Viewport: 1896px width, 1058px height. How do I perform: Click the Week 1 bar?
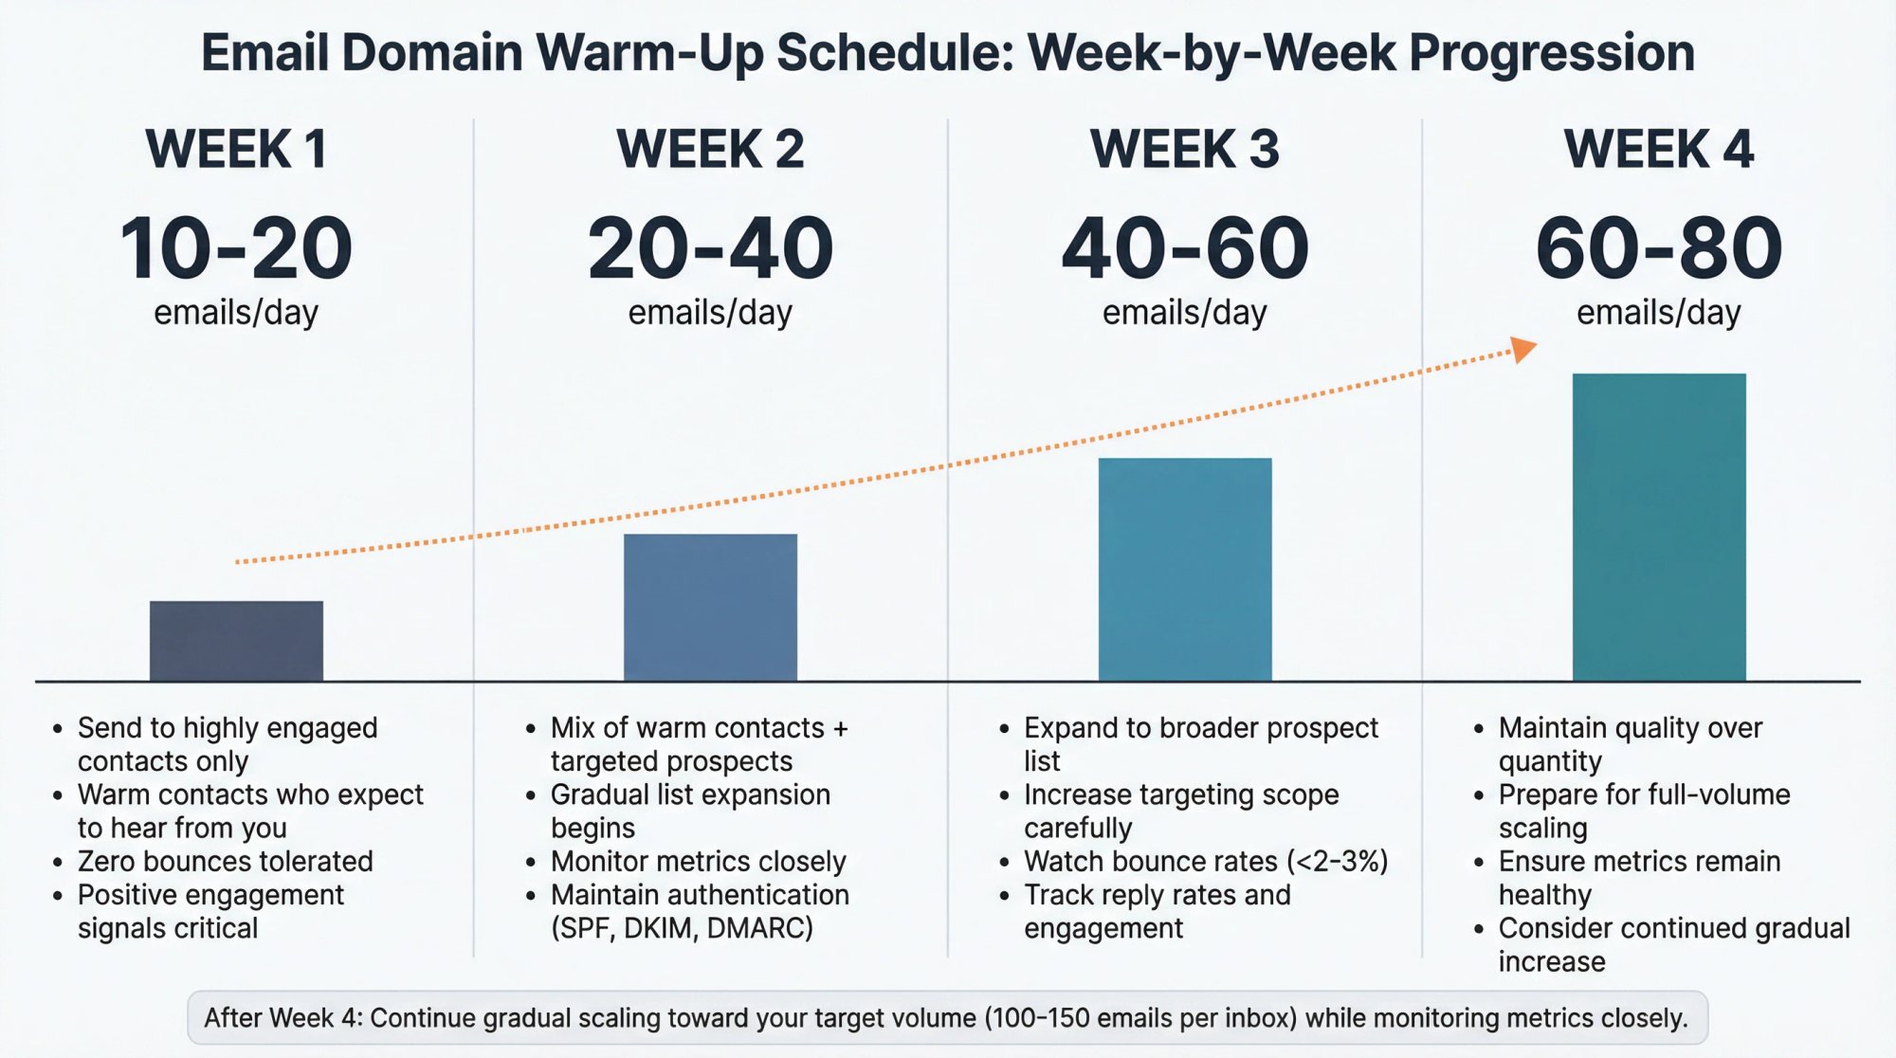point(236,641)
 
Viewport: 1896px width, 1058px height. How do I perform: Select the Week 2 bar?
point(710,608)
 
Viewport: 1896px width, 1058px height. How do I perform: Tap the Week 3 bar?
point(1185,570)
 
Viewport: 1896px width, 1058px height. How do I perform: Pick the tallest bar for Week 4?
point(1659,527)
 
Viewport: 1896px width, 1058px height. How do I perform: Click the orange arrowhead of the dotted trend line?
point(1522,349)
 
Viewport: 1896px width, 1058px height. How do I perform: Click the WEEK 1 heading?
point(236,150)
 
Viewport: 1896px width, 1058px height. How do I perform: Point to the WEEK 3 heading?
point(1185,150)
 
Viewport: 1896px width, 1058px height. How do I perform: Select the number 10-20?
point(236,248)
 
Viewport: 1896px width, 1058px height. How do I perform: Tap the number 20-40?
point(710,248)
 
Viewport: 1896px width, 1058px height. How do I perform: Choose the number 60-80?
point(1659,248)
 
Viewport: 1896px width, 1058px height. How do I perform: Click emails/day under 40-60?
point(1185,312)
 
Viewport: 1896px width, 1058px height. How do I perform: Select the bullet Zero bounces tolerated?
point(225,861)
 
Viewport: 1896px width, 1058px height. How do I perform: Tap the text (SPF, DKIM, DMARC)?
point(682,928)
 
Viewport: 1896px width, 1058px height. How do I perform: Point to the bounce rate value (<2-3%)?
point(1338,861)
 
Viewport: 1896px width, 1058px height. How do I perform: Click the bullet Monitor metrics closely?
point(698,861)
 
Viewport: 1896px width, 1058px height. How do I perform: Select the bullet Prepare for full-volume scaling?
point(1644,811)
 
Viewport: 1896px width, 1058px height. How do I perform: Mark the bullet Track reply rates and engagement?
point(1157,911)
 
